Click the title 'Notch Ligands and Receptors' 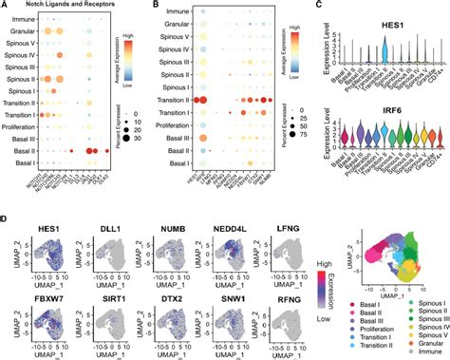pyautogui.click(x=64, y=9)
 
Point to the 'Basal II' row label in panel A pyautogui.click(x=22, y=150)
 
